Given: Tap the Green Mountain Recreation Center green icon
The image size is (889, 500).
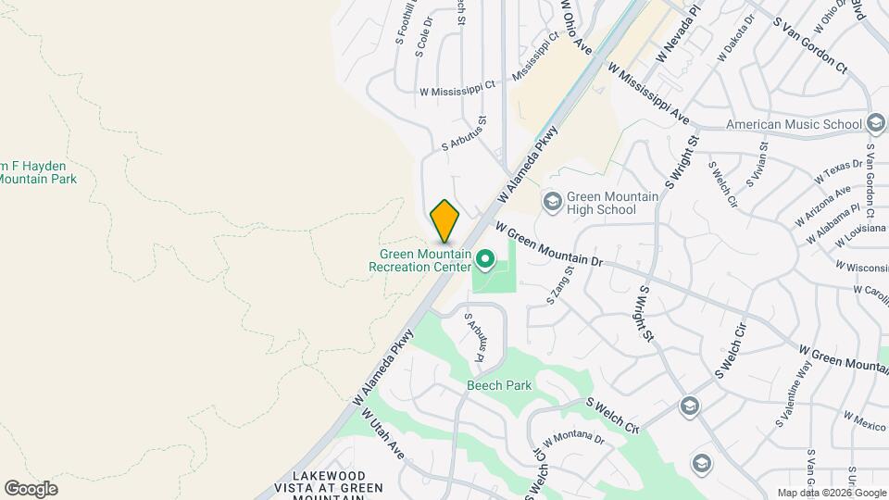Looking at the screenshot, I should [483, 256].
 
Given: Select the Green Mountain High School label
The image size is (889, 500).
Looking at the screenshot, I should [612, 204].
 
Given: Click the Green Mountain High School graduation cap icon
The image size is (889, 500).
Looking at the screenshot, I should [552, 202].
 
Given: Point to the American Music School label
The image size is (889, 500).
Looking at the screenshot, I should [794, 124].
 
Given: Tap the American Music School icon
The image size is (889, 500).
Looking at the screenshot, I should [876, 123].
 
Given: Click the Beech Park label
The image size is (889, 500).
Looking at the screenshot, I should [499, 385].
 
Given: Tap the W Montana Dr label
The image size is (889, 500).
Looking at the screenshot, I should [573, 438].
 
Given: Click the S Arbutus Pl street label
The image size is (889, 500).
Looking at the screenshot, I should [475, 340].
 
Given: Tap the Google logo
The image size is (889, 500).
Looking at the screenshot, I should [31, 488].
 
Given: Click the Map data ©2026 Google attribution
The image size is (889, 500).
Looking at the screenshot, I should [832, 493].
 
